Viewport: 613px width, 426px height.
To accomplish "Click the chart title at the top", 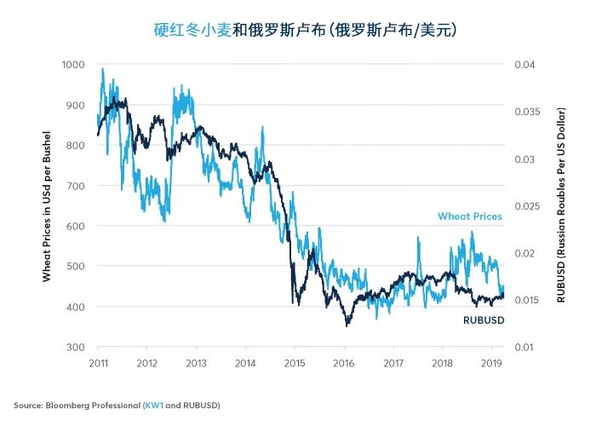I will tap(306, 30).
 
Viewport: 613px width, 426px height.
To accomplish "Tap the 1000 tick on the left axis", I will tap(74, 65).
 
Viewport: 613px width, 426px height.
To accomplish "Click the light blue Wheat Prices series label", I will tap(469, 216).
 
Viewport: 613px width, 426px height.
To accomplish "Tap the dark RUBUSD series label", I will tap(482, 320).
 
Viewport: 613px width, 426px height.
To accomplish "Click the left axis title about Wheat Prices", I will tap(47, 206).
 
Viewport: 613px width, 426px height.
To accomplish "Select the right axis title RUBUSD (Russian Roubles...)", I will tap(561, 206).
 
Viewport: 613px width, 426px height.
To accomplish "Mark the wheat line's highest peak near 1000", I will tap(103, 69).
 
